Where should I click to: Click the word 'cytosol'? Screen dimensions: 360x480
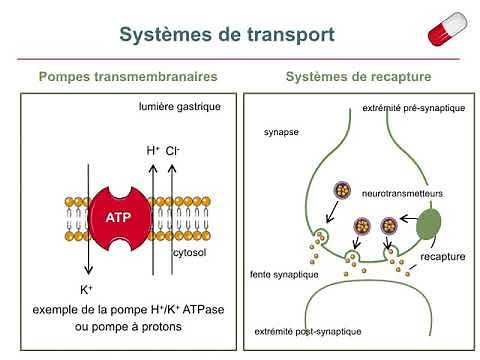(177, 255)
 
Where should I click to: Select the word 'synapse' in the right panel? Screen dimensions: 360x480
(281, 131)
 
